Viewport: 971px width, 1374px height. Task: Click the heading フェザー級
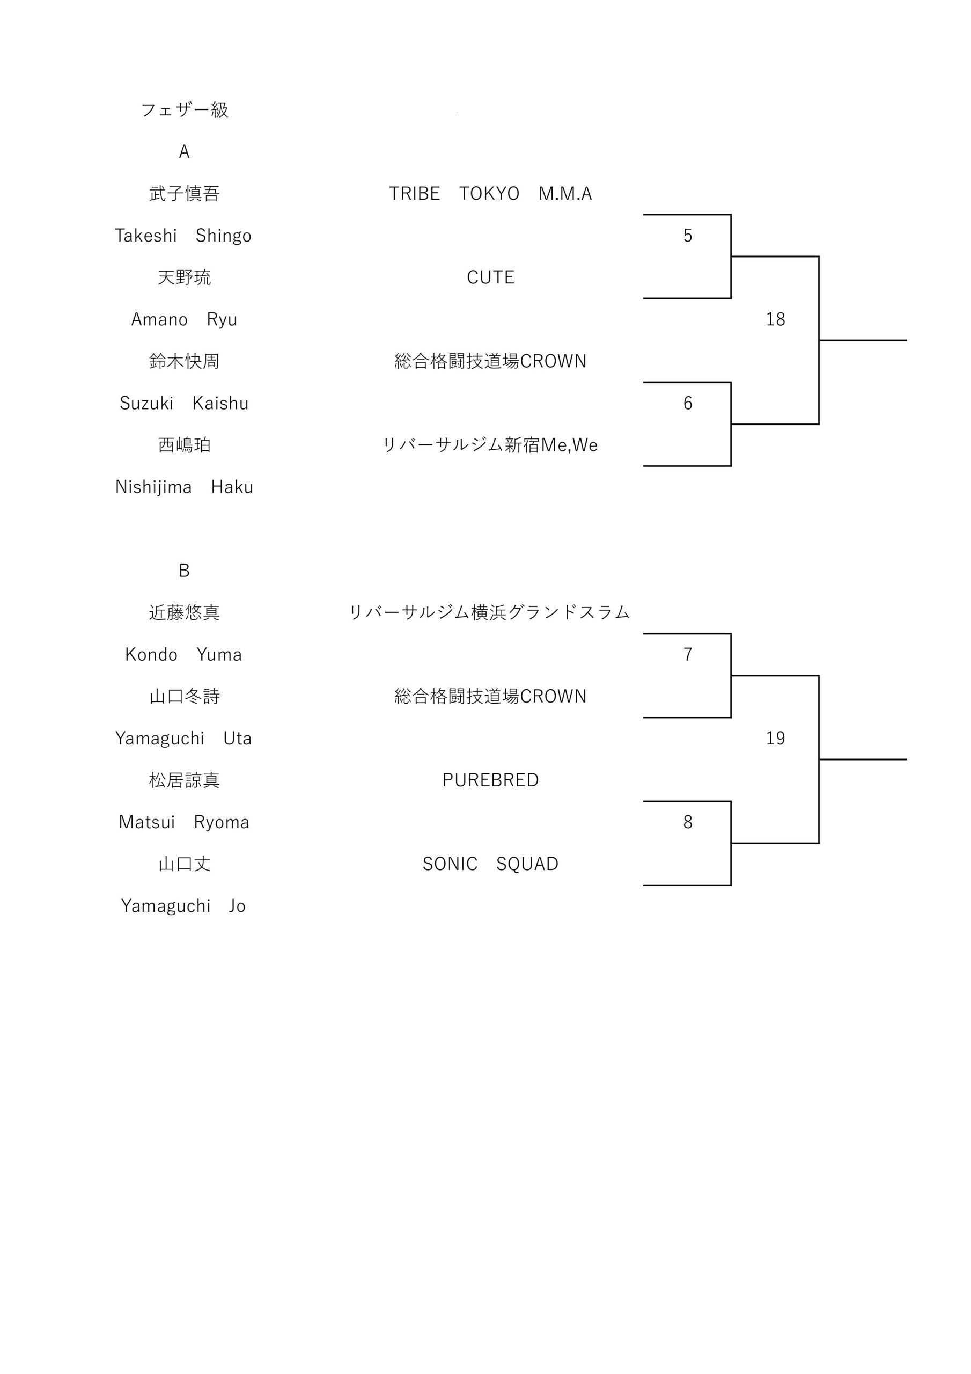click(184, 110)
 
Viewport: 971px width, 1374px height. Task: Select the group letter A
click(184, 152)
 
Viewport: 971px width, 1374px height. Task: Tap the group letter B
click(184, 571)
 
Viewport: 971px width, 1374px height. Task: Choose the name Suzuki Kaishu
click(184, 403)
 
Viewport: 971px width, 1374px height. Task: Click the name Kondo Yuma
click(183, 655)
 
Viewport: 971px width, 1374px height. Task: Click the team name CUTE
click(490, 277)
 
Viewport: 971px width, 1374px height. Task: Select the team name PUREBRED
click(490, 780)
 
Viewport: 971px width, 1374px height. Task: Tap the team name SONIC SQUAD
click(490, 864)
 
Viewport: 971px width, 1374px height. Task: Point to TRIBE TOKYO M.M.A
click(490, 194)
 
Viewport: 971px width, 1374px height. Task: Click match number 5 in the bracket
click(688, 236)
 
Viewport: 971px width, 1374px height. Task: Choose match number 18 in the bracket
click(775, 319)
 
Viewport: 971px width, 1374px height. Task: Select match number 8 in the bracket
click(688, 822)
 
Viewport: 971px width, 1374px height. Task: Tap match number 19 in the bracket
click(775, 739)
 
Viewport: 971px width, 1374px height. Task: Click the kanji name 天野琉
click(184, 277)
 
